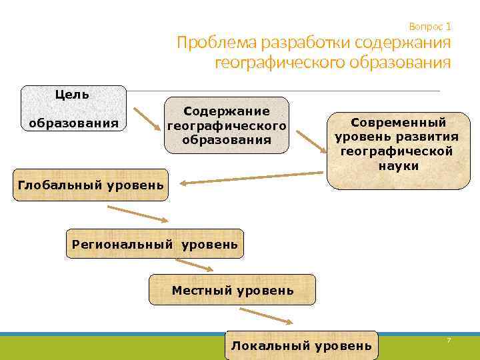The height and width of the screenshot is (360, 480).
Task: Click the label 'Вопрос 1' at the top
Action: pyautogui.click(x=430, y=27)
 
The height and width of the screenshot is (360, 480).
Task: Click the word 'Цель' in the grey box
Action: pyautogui.click(x=72, y=94)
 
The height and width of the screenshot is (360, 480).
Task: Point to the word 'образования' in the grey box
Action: pyautogui.click(x=74, y=123)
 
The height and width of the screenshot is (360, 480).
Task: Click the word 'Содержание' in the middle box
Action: pyautogui.click(x=227, y=111)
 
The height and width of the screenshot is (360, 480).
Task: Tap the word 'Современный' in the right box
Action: pyautogui.click(x=399, y=123)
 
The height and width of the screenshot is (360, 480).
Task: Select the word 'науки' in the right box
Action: pyautogui.click(x=399, y=166)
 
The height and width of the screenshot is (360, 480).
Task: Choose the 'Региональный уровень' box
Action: pyautogui.click(x=155, y=244)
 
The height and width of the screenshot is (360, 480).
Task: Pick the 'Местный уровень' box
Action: pyautogui.click(x=232, y=290)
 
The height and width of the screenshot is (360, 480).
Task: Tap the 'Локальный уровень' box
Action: pyautogui.click(x=301, y=345)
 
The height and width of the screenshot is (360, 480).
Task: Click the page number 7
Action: pyautogui.click(x=449, y=341)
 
